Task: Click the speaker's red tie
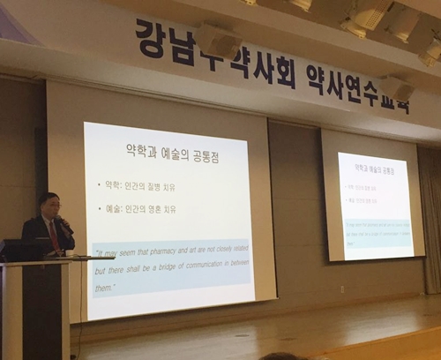[53, 233]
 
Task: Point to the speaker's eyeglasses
[53, 206]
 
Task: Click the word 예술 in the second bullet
[116, 209]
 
